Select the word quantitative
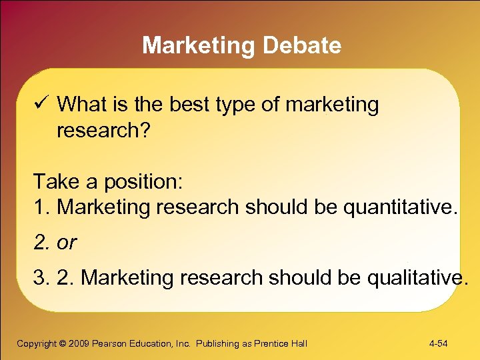(x=400, y=207)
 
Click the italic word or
(x=67, y=243)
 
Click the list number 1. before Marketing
(x=43, y=207)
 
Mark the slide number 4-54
(x=438, y=343)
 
